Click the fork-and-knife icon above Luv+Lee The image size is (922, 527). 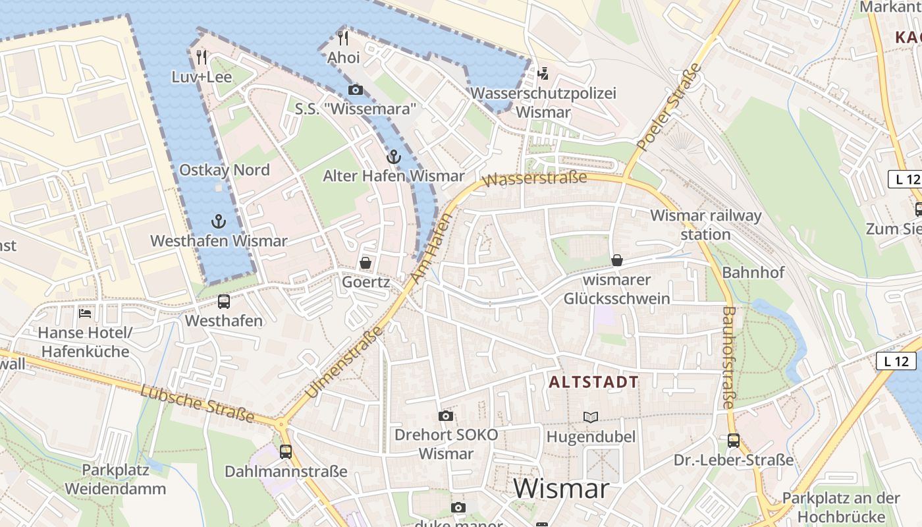click(x=202, y=57)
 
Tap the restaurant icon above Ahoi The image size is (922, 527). click(x=342, y=38)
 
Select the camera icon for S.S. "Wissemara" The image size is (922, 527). click(x=355, y=90)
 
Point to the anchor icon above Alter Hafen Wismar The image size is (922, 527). click(x=393, y=157)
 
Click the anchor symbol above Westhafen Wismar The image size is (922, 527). click(x=218, y=221)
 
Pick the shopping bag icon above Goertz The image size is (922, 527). click(x=366, y=263)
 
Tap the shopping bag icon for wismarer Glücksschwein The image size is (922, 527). click(x=617, y=260)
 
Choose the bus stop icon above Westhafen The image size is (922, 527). click(x=224, y=302)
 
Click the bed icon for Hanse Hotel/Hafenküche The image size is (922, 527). click(x=84, y=313)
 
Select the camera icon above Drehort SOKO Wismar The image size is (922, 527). click(x=446, y=416)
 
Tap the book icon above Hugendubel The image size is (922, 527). click(x=591, y=417)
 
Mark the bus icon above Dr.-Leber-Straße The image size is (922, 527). click(x=733, y=441)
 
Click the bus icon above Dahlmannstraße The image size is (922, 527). click(x=285, y=452)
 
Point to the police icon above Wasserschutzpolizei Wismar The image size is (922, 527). click(x=543, y=73)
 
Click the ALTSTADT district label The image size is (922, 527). click(x=593, y=382)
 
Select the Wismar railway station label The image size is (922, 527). click(x=705, y=225)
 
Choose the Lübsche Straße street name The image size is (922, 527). click(x=197, y=402)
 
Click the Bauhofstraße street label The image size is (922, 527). click(x=728, y=357)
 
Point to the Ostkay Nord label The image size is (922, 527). click(x=225, y=170)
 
